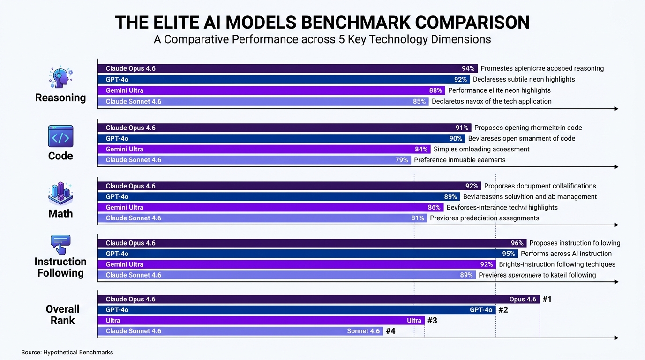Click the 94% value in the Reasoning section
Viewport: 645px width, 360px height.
(x=468, y=68)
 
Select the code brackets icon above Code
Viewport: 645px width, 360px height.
(x=60, y=137)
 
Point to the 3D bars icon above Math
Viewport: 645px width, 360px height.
(x=60, y=194)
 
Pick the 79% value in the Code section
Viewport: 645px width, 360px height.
(x=402, y=160)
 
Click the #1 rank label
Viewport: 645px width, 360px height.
(x=547, y=299)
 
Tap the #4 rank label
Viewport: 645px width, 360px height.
(x=390, y=331)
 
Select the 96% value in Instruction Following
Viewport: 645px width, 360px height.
(x=517, y=243)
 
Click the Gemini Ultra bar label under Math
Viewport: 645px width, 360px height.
(x=125, y=207)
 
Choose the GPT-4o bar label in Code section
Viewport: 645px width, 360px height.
(x=117, y=138)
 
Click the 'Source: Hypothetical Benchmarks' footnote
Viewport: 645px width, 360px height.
(x=67, y=352)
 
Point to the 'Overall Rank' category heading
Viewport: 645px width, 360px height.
(x=62, y=315)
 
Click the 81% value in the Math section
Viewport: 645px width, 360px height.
(x=418, y=218)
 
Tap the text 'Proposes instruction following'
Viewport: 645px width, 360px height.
(x=575, y=243)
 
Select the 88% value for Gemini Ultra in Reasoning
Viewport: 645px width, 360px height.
(x=435, y=90)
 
